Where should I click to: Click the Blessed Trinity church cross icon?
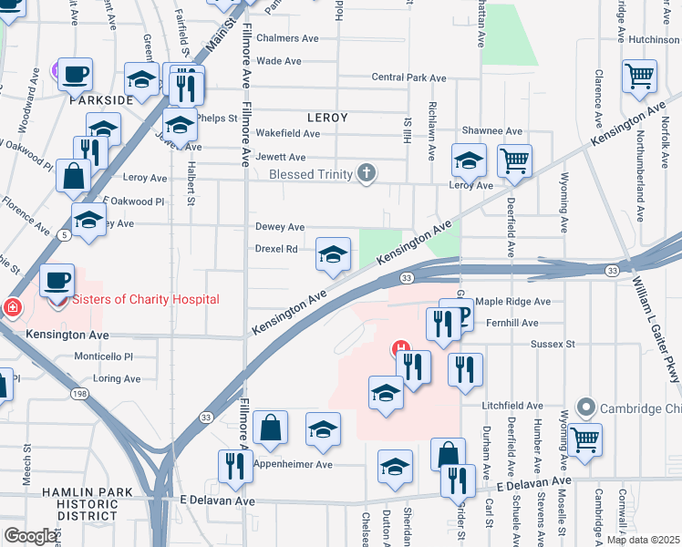(x=367, y=172)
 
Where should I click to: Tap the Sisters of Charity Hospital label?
(x=146, y=299)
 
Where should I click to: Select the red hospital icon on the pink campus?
(x=398, y=347)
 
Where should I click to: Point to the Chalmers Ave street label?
(x=287, y=38)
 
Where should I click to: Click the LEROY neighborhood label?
(x=327, y=118)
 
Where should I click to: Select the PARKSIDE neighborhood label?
(x=101, y=99)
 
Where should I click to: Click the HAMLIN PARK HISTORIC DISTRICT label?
(x=81, y=503)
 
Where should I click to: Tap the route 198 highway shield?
(x=79, y=393)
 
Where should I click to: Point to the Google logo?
(x=30, y=536)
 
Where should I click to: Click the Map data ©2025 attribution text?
(x=643, y=540)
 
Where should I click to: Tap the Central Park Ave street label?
(x=408, y=77)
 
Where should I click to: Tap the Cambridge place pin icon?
(x=585, y=408)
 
